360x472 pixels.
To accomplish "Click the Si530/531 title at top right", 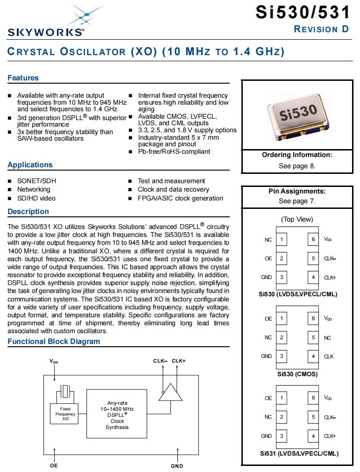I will coord(303,12).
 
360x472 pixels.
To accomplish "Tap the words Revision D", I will coord(321,29).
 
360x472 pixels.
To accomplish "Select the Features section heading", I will coord(23,78).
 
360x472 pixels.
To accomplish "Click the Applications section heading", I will coord(30,165).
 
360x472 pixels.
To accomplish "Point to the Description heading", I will coord(28,212).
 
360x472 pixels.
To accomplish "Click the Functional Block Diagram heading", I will coord(54,342).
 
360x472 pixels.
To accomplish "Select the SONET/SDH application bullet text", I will coord(37,181).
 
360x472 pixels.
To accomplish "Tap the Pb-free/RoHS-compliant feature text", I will coord(174,151).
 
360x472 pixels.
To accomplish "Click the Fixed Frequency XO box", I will coord(65,414).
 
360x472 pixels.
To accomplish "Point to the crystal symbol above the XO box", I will coord(65,391).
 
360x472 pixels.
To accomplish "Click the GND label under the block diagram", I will coord(177,466).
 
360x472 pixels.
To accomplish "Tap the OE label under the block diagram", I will coord(54,466).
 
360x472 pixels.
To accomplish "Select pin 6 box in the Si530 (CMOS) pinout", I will coord(313,319).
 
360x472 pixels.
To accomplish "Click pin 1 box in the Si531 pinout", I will coord(282,398).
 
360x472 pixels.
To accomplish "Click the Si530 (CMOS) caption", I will coord(297,374).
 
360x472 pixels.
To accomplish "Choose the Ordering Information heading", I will coord(297,155).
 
